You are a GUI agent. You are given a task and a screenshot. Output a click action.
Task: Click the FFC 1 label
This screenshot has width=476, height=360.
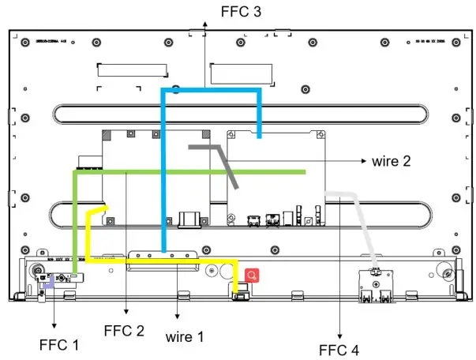pyautogui.click(x=59, y=345)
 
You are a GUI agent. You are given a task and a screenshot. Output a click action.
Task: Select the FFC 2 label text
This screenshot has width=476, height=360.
pyautogui.click(x=124, y=331)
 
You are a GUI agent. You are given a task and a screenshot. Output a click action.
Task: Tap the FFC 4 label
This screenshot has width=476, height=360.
pyautogui.click(x=338, y=349)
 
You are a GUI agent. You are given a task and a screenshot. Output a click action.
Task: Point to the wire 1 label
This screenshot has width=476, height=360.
pyautogui.click(x=185, y=337)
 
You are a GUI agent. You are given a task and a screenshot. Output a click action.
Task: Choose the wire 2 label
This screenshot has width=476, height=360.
pyautogui.click(x=391, y=162)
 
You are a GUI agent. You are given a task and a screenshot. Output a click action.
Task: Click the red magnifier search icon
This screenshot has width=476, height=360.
pyautogui.click(x=252, y=276)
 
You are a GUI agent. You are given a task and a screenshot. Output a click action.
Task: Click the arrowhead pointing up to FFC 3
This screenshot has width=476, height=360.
pyautogui.click(x=204, y=26)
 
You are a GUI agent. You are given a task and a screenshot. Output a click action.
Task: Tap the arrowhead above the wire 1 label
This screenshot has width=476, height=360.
pyautogui.click(x=178, y=320)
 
